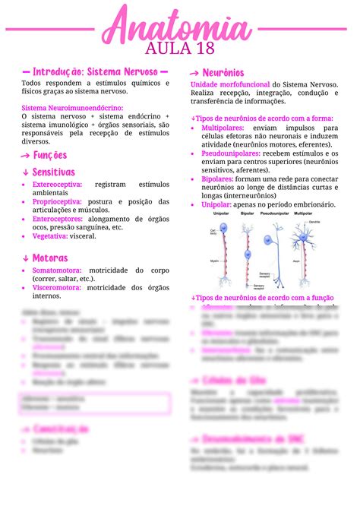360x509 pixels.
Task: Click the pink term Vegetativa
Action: [x=50, y=236]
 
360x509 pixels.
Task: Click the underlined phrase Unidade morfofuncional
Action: [x=230, y=84]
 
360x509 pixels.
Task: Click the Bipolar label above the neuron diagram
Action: [x=247, y=215]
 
